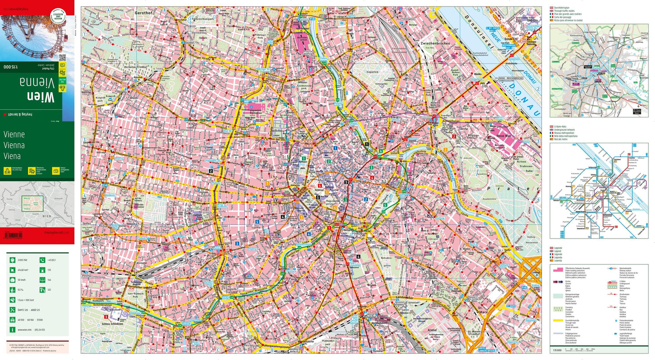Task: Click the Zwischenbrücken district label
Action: point(434,44)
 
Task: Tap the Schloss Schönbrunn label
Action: point(112,324)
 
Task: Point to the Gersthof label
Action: point(144,13)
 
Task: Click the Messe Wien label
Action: point(502,136)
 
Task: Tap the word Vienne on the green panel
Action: point(14,135)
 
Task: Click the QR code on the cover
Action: point(62,58)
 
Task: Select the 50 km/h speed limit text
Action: point(21,280)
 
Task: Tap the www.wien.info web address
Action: point(24,330)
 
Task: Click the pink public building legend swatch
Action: point(558,270)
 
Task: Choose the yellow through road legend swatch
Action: point(558,321)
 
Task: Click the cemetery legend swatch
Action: point(558,308)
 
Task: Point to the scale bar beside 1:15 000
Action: point(580,349)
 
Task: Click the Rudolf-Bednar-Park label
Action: point(455,72)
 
